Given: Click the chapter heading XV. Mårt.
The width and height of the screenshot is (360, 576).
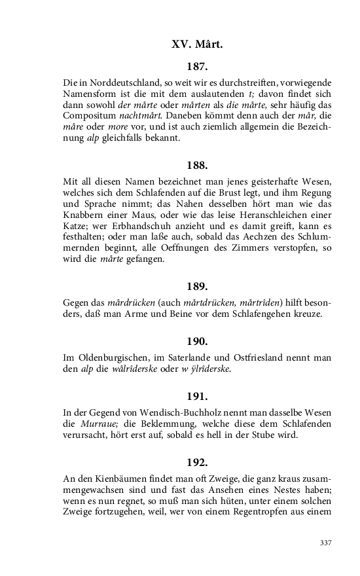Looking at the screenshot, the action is [197, 45].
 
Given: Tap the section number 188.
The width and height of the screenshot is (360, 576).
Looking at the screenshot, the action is [197, 165].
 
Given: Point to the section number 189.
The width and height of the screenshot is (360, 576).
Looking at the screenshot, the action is [197, 286].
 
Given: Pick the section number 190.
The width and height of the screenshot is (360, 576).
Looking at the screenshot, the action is [197, 341].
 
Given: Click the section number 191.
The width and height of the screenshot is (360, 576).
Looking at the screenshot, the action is [197, 396].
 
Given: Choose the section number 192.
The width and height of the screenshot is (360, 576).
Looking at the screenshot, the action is [197, 462].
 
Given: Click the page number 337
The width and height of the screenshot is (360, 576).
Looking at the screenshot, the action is [325, 543].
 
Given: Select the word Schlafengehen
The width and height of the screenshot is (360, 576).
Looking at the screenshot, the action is [257, 314].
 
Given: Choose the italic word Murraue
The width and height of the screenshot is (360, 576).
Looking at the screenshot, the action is [97, 424].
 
